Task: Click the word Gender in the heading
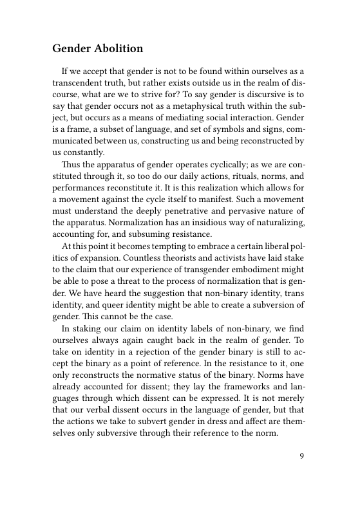(70, 49)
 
